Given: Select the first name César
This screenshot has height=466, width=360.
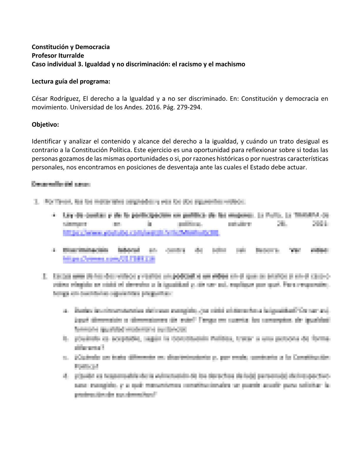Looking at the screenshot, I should pos(40,99).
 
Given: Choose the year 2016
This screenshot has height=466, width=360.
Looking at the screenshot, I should pos(152,107).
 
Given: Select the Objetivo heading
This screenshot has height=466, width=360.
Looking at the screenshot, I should pos(45,124).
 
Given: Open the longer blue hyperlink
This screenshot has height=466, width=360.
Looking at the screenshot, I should pos(141,233).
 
